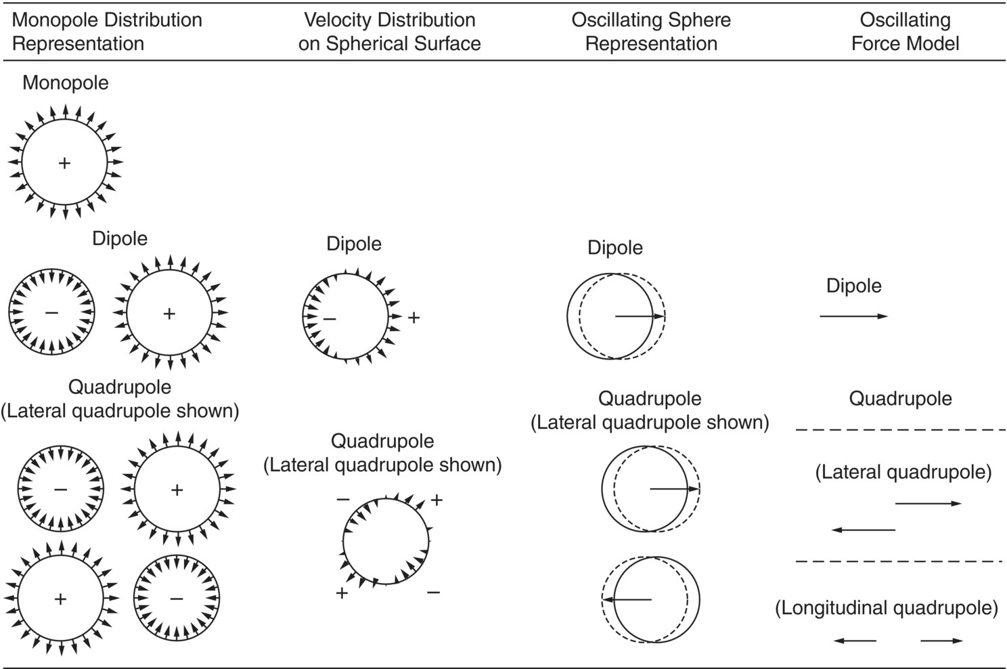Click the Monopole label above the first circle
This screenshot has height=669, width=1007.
(66, 83)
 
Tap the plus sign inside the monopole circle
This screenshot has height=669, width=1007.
(64, 163)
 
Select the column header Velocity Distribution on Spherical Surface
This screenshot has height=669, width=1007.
(389, 32)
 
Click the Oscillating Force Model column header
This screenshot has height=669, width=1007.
(905, 32)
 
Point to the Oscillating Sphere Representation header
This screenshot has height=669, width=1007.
(651, 32)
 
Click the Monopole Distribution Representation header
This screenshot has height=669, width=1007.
(107, 32)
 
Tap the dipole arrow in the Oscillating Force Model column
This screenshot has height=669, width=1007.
(853, 316)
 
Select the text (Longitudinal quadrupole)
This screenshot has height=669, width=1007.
(886, 608)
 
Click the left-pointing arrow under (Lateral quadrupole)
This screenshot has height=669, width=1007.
(864, 530)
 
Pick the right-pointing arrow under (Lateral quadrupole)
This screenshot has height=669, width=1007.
(928, 504)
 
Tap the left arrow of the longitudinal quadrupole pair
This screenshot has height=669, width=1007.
(855, 641)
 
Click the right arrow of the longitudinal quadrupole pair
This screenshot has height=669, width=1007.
(941, 641)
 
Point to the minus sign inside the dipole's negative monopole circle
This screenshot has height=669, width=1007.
(51, 313)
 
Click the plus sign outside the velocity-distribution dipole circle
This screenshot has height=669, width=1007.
(413, 317)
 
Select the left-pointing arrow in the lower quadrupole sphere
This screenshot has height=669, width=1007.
(627, 599)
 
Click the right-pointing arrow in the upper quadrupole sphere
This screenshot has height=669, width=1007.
(674, 489)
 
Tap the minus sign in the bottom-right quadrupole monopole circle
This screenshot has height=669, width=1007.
(177, 599)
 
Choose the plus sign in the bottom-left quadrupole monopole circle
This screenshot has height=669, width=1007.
(60, 599)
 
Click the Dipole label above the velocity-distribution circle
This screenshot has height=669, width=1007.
(354, 244)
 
